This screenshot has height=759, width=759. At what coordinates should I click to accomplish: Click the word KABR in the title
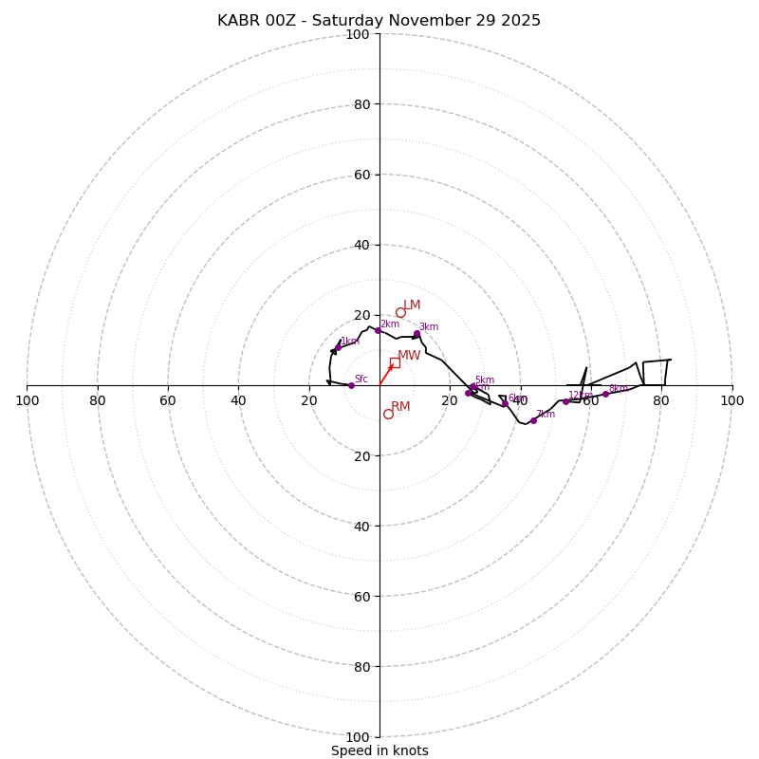point(238,21)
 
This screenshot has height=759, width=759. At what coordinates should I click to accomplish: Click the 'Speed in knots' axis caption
point(379,750)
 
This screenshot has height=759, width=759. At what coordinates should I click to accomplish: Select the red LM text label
point(412,305)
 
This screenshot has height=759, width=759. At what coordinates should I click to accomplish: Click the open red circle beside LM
point(400,312)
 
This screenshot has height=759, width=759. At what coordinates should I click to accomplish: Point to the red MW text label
point(409,356)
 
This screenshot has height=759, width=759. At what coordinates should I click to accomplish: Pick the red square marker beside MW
point(395,362)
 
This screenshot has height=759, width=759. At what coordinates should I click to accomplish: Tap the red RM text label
point(400,407)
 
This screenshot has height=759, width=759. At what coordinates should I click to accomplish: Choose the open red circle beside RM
point(388,414)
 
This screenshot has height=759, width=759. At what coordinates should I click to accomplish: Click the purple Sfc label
point(361,379)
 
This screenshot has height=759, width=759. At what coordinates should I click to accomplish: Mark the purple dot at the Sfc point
point(351,385)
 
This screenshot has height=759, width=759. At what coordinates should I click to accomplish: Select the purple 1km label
point(349,342)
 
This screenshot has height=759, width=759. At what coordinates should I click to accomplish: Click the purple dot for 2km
point(378,330)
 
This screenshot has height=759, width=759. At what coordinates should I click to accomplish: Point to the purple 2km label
point(390,324)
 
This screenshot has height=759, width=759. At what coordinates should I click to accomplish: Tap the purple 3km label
point(429,327)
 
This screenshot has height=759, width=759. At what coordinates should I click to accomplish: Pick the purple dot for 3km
point(417,334)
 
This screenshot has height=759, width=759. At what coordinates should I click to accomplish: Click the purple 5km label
point(484,380)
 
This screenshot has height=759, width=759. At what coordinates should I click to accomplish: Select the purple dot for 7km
point(533,420)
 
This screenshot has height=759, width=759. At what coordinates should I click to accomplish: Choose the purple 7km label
point(546,415)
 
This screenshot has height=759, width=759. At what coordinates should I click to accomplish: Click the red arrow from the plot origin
point(386,375)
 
